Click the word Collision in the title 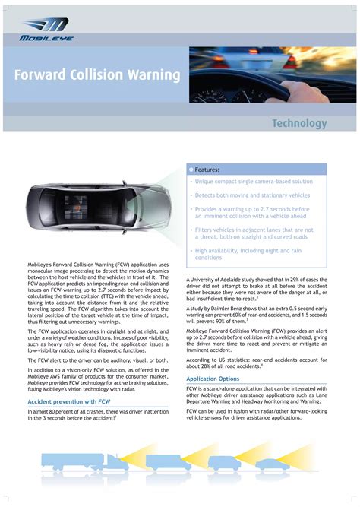click(103, 75)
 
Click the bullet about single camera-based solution click(253, 182)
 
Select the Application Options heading click(213, 379)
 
